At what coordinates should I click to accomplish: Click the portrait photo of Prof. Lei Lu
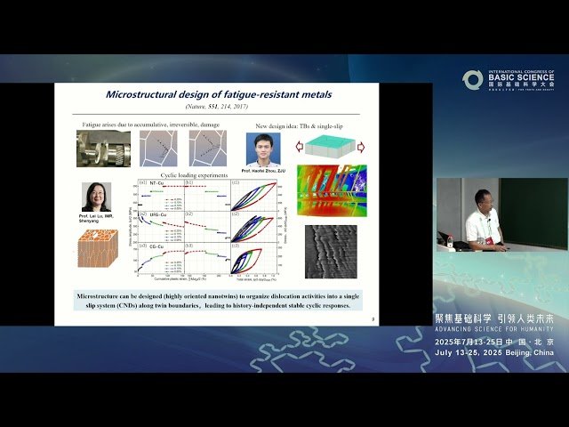coord(96,197)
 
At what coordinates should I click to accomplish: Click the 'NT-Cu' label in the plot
coord(156,183)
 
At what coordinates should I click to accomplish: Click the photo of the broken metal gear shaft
coord(102,149)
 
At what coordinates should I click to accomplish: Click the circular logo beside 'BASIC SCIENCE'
coord(472,79)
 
